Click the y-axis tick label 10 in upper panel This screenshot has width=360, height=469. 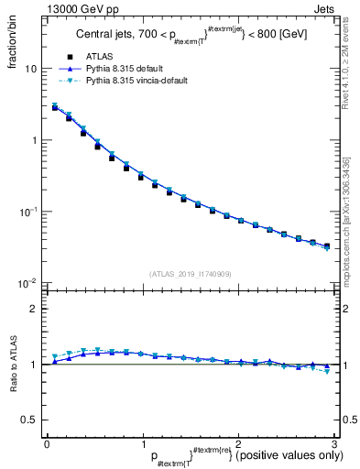tap(30, 69)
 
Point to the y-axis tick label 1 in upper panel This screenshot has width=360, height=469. tap(34, 140)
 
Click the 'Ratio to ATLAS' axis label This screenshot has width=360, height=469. tap(12, 365)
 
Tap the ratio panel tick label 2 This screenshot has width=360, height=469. tap(34, 309)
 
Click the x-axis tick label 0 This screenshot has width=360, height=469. tap(47, 442)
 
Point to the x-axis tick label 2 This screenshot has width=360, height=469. tap(237, 442)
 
